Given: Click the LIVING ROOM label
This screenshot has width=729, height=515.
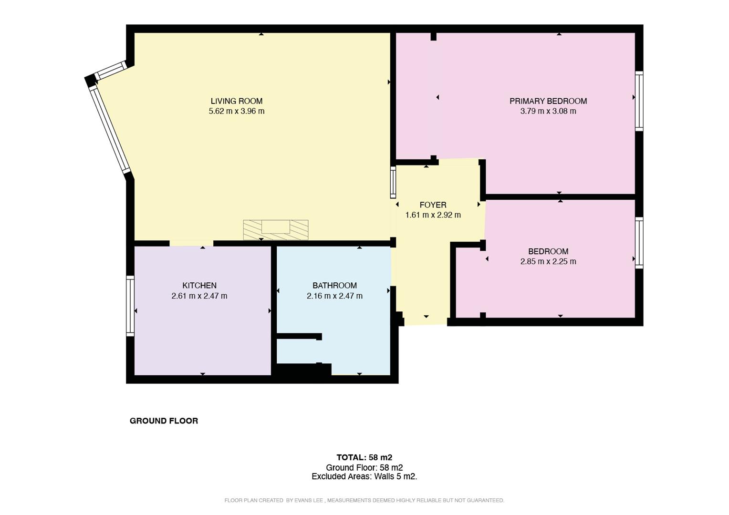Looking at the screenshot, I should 237,101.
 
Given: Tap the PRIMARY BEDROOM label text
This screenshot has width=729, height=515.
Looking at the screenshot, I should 548,101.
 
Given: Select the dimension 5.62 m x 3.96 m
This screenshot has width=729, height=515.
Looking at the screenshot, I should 237,111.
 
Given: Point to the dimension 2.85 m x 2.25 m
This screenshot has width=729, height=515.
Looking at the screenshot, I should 548,261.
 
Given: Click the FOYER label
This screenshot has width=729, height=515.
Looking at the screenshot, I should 433,205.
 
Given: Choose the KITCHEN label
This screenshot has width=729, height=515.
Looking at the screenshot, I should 199,286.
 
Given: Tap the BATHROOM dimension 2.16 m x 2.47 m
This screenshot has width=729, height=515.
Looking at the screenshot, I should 334,296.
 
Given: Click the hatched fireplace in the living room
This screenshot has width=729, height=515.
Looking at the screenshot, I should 276,229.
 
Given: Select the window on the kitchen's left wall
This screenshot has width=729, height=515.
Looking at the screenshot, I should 130,306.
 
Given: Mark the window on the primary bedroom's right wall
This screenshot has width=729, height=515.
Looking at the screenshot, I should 639,101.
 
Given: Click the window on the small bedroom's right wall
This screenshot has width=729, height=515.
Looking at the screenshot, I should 639,243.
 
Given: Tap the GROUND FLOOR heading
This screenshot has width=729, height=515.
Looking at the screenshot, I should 164,421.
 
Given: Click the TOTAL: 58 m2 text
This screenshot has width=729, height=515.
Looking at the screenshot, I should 364,457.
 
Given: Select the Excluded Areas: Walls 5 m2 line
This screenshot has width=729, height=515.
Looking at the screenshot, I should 364,476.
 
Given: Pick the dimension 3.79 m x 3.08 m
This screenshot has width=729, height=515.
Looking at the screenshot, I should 548,111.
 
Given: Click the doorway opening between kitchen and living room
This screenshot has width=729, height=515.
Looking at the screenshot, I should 191,243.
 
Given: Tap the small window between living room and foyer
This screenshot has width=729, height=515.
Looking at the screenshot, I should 393,182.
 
